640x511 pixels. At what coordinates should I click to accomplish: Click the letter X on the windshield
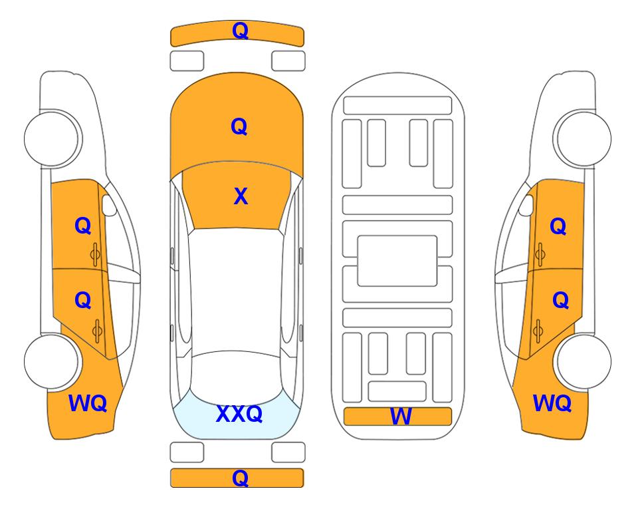pos(241,196)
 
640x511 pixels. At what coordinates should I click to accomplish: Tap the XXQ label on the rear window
pos(239,414)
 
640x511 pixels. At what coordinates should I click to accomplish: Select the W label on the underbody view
pos(401,417)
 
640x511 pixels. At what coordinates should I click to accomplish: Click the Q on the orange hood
pos(239,126)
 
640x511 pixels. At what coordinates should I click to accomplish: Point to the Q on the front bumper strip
pos(241,31)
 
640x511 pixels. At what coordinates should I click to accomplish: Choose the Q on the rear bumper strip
pos(241,478)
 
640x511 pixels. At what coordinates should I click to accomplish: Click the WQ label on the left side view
pos(88,403)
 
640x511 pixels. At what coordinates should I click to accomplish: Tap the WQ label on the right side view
pos(552,403)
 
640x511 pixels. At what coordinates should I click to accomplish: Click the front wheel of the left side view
pos(52,138)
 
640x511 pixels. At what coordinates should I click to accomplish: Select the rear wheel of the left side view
pos(52,362)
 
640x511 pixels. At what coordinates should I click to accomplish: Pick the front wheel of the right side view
pos(584,138)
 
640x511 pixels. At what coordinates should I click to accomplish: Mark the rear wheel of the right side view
pos(584,362)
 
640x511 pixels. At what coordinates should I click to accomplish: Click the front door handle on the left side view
pos(96,255)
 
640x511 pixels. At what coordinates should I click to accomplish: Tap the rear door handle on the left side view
pos(97,331)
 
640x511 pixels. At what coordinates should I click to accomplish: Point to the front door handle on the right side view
pos(540,255)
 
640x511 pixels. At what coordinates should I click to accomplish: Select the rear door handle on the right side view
pos(538,331)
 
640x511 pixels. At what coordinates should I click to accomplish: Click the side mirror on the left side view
pos(109,206)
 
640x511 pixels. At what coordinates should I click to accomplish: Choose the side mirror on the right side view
pos(526,206)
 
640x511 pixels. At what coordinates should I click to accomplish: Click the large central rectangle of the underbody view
pos(397,261)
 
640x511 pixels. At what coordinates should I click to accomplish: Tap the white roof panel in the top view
pos(236,291)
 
